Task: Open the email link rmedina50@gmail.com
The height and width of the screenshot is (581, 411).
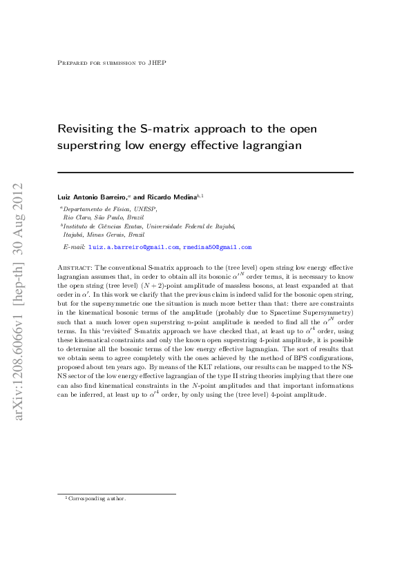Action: pos(217,246)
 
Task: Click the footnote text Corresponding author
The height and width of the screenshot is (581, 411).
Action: pos(97,498)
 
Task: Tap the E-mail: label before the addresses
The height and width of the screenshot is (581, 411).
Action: pos(73,246)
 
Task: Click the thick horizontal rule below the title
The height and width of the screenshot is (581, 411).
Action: pos(205,173)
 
